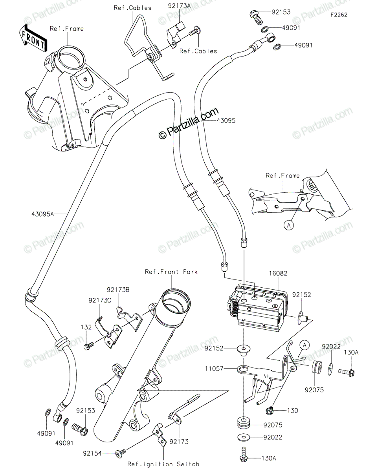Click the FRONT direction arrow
pos(34,38)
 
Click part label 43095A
pos(43,214)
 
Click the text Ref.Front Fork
pos(171,272)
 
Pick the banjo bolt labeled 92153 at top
pos(255,17)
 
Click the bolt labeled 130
pos(270,411)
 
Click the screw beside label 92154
pos(119,454)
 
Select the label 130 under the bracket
pos(292,411)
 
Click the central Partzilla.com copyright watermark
pos(188,123)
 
